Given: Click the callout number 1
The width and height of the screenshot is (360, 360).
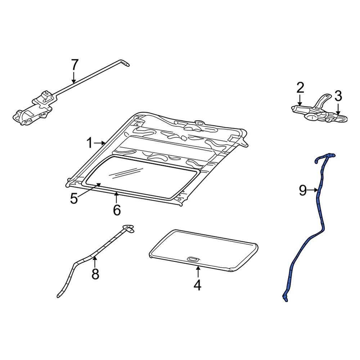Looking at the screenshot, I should point(89,143).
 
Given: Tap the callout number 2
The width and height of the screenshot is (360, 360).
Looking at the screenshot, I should point(300,87).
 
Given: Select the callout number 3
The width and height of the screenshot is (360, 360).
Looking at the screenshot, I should point(338,96).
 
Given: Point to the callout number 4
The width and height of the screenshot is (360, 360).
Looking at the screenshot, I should point(197,285).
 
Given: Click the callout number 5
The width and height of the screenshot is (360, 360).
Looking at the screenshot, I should point(74,198).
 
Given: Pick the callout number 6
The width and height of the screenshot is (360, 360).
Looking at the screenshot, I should point(117,210).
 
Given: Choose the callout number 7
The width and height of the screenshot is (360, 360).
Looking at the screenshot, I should point(74,65).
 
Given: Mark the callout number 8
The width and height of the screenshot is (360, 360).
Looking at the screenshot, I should point(95,274).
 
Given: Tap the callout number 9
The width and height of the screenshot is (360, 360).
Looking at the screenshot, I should point(302,190).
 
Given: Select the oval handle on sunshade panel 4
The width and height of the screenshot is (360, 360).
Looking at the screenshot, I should point(194,259).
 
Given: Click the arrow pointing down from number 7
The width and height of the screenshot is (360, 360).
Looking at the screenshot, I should point(74,77).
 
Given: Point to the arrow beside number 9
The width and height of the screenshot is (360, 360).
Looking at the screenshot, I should point(312,190).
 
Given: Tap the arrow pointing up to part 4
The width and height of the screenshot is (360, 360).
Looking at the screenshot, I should point(197,272).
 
